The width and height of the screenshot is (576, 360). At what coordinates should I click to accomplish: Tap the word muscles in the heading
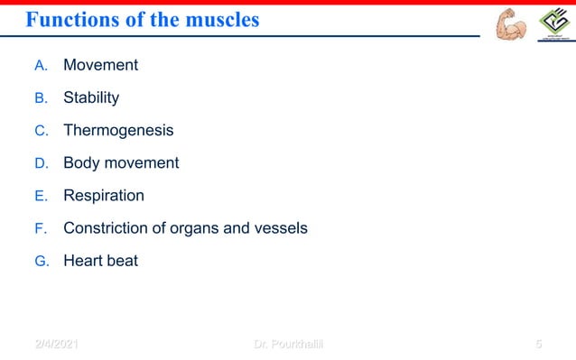pyautogui.click(x=217, y=19)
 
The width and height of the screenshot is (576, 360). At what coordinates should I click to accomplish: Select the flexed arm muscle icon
pyautogui.click(x=511, y=24)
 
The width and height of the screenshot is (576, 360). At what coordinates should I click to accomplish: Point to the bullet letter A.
pyautogui.click(x=40, y=66)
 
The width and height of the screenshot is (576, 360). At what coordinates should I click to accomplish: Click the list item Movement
pyautogui.click(x=100, y=65)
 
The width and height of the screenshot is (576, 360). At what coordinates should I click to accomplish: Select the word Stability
pyautogui.click(x=90, y=97)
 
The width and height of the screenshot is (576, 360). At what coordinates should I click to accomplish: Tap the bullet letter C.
pyautogui.click(x=40, y=131)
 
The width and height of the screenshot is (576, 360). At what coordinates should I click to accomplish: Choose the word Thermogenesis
pyautogui.click(x=118, y=130)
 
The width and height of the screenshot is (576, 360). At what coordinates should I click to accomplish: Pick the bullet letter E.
pyautogui.click(x=40, y=197)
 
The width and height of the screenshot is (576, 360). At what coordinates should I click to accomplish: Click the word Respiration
pyautogui.click(x=103, y=196)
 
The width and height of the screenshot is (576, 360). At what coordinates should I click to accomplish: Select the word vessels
pyautogui.click(x=279, y=228)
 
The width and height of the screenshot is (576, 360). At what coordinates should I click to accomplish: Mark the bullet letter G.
pyautogui.click(x=40, y=262)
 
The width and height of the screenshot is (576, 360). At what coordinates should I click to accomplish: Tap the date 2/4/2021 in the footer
pyautogui.click(x=57, y=344)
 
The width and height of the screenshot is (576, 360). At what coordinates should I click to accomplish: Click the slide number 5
pyautogui.click(x=538, y=344)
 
